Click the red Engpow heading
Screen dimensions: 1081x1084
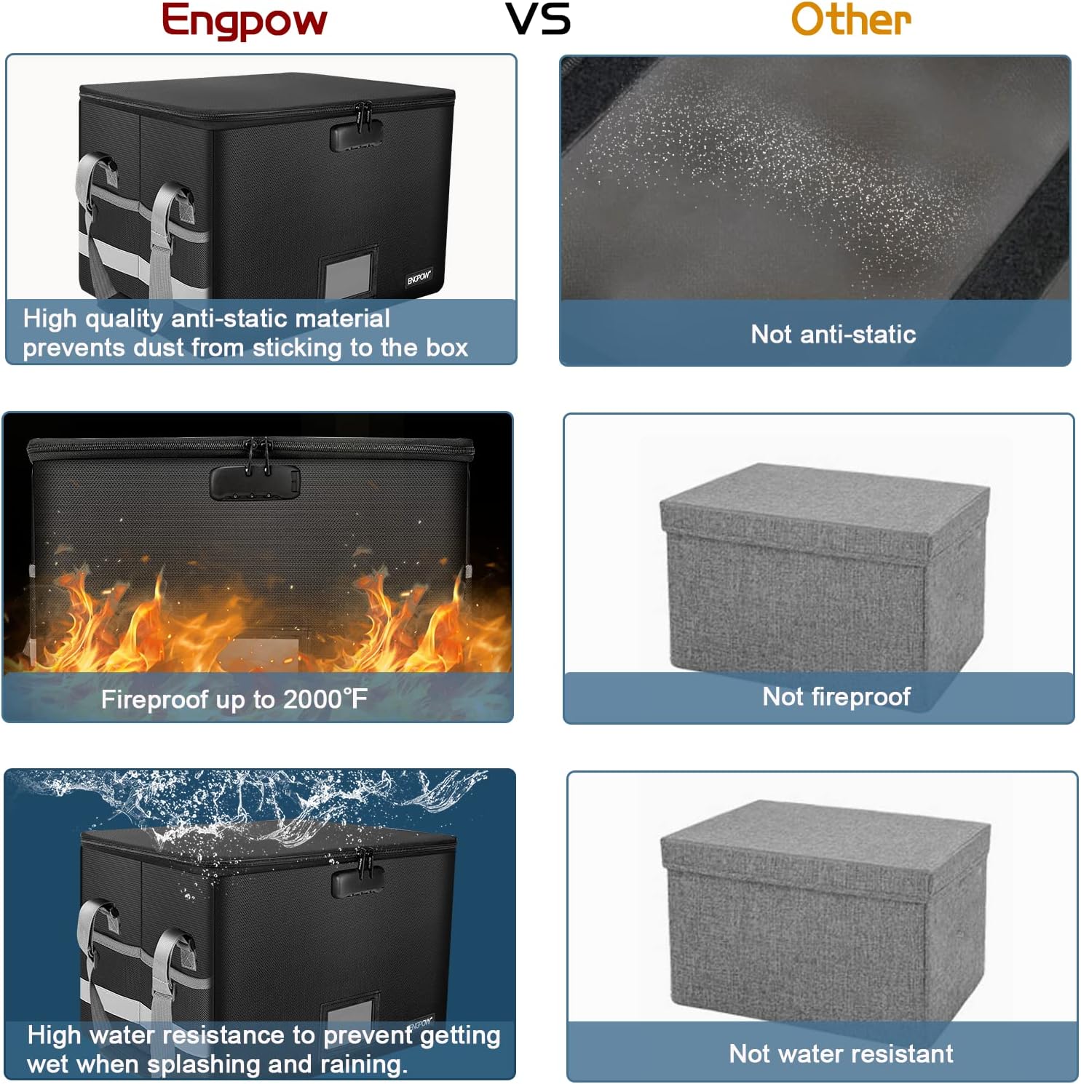244,20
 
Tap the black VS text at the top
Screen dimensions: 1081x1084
539,20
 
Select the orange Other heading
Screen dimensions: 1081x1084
851,19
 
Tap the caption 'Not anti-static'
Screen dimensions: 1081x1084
833,334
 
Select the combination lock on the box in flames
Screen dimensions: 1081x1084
255,482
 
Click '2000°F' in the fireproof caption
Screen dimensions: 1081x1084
325,699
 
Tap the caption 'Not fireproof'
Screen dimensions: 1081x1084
836,696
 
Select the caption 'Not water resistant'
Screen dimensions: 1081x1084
841,1053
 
